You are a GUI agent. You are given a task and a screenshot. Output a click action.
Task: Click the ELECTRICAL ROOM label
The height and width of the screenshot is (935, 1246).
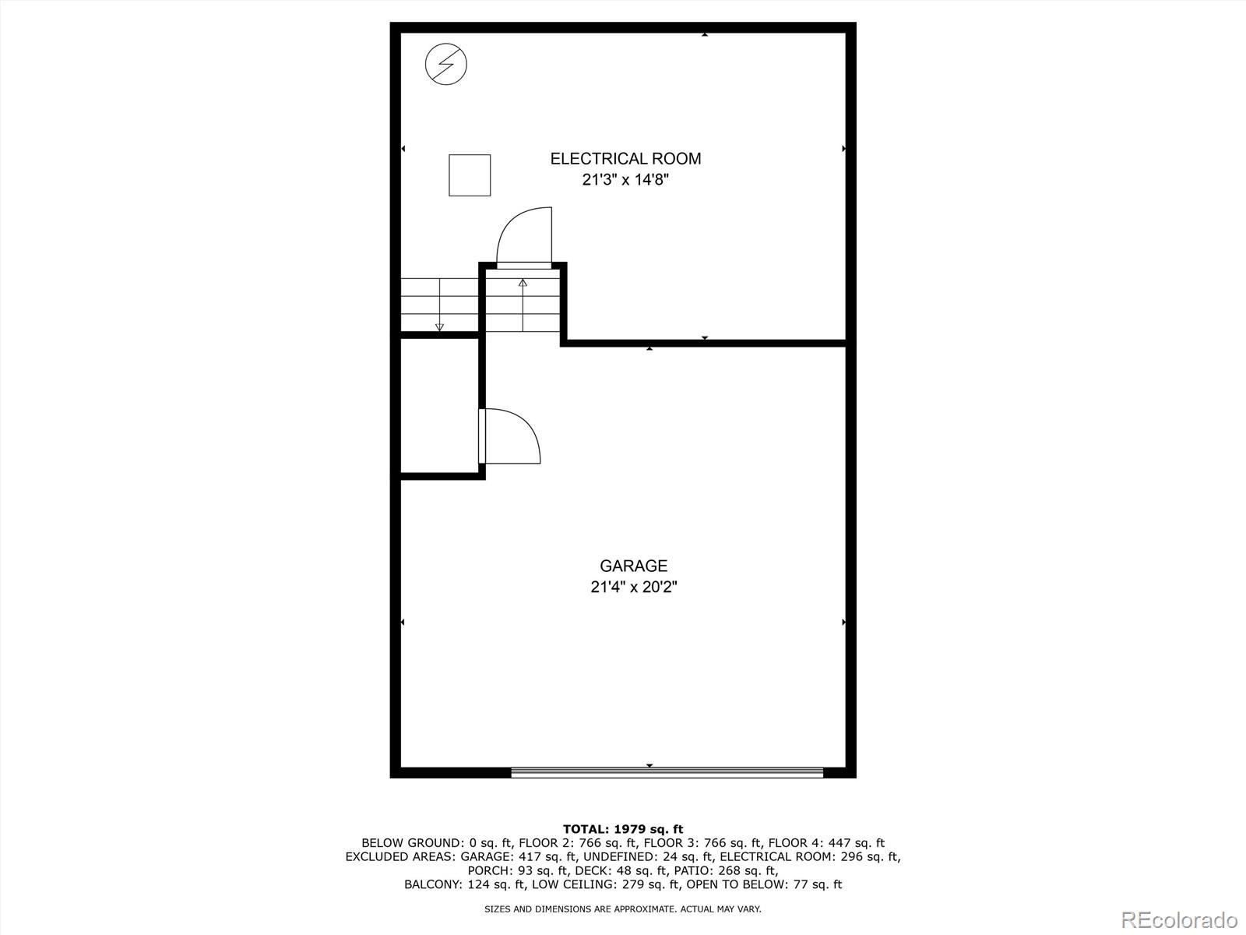tap(625, 159)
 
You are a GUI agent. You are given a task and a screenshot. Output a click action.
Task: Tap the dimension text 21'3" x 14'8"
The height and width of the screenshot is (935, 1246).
tap(625, 180)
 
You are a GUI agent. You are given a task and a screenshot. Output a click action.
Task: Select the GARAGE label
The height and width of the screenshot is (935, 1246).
tap(633, 566)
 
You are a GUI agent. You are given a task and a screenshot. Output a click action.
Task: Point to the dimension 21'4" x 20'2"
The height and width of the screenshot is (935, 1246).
tap(633, 587)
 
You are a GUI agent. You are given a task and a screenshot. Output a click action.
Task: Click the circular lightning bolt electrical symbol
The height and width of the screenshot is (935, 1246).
tap(446, 64)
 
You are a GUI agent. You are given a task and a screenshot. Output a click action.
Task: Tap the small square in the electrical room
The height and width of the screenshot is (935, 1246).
tap(470, 175)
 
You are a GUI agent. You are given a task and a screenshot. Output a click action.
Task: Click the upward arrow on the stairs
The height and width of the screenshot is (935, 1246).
tap(523, 304)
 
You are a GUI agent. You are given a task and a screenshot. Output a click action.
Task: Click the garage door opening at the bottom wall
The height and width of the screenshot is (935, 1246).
tap(667, 772)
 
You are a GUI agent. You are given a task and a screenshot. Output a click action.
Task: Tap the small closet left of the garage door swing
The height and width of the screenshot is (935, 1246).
tap(439, 405)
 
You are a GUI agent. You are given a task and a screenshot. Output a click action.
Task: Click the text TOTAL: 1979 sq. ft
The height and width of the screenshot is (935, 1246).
tap(623, 829)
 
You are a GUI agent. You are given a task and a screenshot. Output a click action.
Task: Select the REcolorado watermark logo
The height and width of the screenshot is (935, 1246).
tap(1179, 919)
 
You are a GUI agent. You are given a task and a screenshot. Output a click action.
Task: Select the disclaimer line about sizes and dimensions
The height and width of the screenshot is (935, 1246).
tap(623, 909)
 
